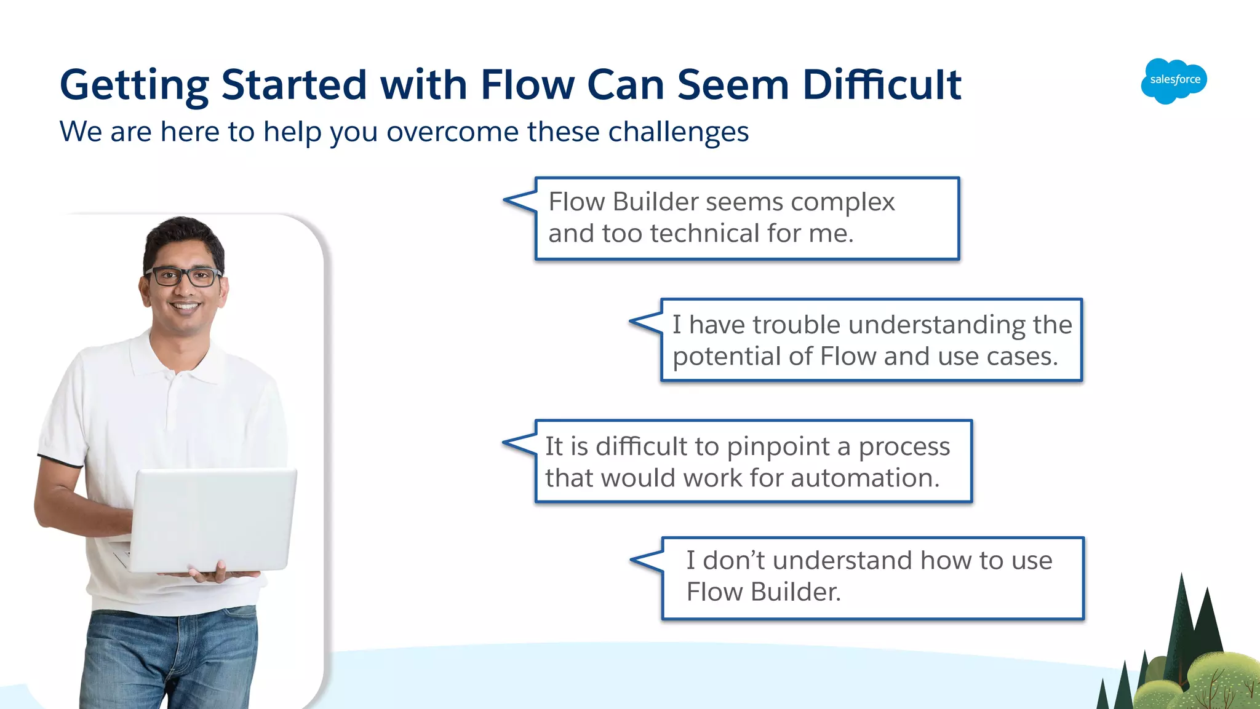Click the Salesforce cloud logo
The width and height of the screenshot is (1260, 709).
click(1174, 81)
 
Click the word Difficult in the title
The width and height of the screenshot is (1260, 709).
click(882, 85)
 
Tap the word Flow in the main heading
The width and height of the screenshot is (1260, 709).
click(527, 85)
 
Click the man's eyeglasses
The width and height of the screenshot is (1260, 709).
click(183, 277)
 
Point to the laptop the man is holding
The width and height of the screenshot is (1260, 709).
click(212, 520)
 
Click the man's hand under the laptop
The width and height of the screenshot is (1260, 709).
click(212, 574)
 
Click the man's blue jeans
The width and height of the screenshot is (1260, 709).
click(169, 658)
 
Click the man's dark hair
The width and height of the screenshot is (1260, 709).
click(181, 237)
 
